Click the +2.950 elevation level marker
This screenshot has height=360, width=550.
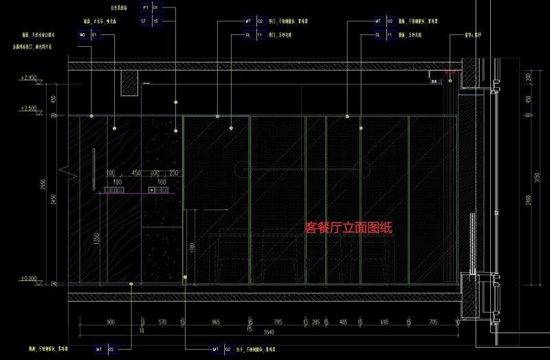(x=28, y=78)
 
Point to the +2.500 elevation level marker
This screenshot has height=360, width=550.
(x=28, y=109)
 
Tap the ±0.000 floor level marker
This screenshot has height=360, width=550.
(x=28, y=279)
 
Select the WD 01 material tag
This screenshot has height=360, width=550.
(x=89, y=34)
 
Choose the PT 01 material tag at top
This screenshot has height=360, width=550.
(x=150, y=8)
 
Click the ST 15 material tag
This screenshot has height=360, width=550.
(x=150, y=21)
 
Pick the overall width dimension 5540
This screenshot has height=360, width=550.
(x=267, y=333)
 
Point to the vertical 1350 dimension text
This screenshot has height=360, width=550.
(x=97, y=239)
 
